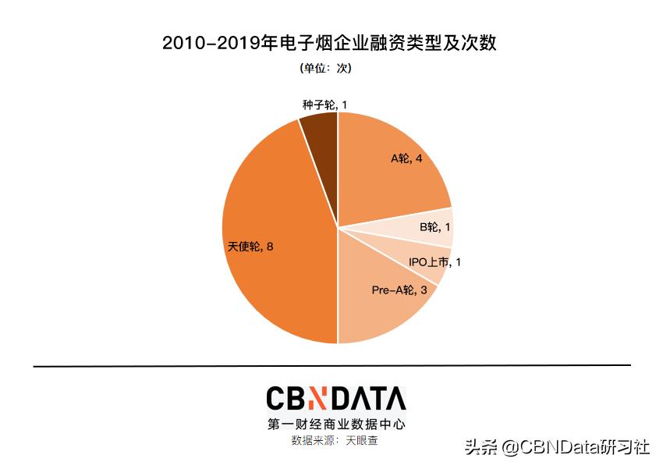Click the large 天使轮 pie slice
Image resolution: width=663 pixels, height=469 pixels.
pos(273,234)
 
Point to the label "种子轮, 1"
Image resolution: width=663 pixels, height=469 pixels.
pos(324,105)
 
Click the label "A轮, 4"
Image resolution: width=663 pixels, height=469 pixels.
pos(406,158)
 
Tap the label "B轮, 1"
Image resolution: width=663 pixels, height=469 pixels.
pos(435,227)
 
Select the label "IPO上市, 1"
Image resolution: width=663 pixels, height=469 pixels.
pos(434,262)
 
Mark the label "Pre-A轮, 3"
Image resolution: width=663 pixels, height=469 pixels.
pos(399,290)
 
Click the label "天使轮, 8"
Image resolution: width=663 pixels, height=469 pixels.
pos(250,247)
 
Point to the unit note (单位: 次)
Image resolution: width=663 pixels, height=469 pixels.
pos(326,69)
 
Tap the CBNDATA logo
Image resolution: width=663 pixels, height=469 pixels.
pos(335,399)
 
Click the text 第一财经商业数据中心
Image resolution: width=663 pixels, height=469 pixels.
pos(335,425)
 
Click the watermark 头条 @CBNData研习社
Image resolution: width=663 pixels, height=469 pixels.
pos(557,448)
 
